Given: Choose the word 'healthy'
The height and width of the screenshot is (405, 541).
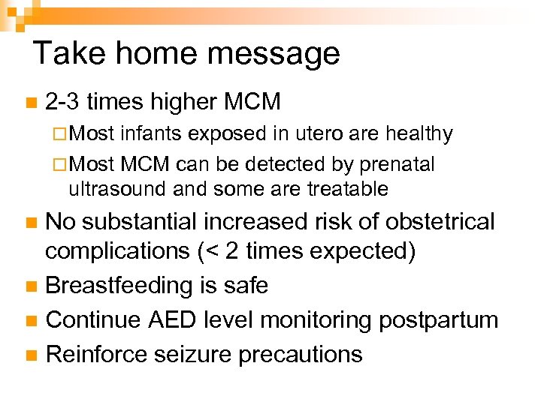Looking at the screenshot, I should [419, 134].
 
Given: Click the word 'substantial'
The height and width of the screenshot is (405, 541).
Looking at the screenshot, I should [147, 222].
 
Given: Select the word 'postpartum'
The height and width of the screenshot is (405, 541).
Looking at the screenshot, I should [438, 320].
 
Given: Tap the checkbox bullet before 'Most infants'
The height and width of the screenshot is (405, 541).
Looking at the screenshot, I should [60, 135].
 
